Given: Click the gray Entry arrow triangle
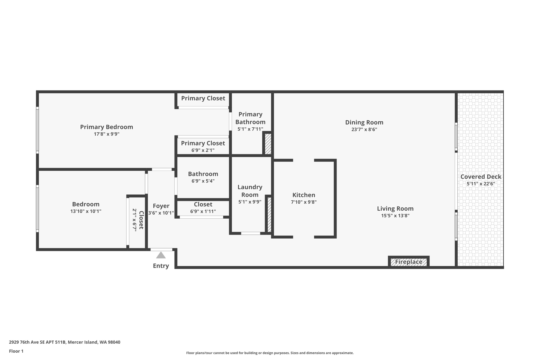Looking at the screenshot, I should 161,255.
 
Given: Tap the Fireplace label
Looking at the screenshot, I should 408,262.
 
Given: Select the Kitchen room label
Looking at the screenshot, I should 303,195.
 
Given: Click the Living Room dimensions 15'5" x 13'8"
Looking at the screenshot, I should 395,216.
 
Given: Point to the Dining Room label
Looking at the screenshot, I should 364,122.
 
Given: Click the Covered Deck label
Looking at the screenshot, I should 481,177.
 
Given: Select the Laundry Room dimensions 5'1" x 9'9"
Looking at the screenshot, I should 250,202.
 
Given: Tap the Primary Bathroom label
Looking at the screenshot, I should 250,118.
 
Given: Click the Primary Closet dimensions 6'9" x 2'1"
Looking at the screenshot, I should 203,150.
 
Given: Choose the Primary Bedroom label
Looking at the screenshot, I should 107,127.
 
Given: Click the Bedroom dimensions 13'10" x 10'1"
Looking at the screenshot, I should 86,211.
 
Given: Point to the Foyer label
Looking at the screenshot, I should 161,206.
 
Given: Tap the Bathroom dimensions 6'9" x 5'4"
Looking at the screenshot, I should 203,181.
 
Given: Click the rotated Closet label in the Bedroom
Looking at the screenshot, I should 141,220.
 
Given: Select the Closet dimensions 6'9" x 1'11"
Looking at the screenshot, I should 203,212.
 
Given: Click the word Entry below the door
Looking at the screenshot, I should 161,266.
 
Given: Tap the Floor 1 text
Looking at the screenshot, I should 16,351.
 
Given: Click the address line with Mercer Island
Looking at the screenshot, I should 65,342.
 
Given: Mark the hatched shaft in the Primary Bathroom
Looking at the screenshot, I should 268,144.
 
